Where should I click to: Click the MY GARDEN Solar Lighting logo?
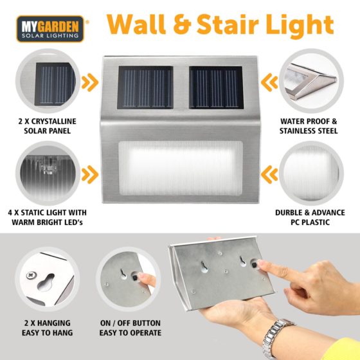click(x=50, y=29)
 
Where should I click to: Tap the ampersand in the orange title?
click(x=182, y=24)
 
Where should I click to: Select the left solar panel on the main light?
click(x=145, y=87)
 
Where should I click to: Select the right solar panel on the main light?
click(x=216, y=87)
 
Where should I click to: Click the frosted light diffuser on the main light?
click(x=181, y=168)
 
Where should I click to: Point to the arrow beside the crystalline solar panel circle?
click(x=90, y=82)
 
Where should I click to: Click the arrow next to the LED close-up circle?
click(x=90, y=174)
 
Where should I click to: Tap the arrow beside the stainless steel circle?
click(x=269, y=82)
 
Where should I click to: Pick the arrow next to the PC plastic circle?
click(x=269, y=174)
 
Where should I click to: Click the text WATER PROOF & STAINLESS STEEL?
click(x=309, y=126)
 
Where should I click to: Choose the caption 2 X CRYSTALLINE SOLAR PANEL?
click(x=48, y=126)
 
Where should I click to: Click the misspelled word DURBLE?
click(x=289, y=213)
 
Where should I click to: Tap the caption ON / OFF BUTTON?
click(x=130, y=323)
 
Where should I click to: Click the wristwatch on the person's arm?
click(x=276, y=334)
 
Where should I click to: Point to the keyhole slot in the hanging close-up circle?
click(x=46, y=282)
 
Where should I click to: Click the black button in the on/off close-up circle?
click(x=135, y=278)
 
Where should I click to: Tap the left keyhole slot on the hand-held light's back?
click(x=204, y=267)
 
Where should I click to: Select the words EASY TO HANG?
click(x=48, y=333)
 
